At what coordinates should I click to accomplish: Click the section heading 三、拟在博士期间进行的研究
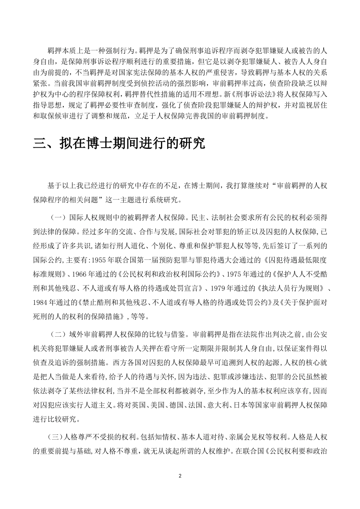pos(119,143)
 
